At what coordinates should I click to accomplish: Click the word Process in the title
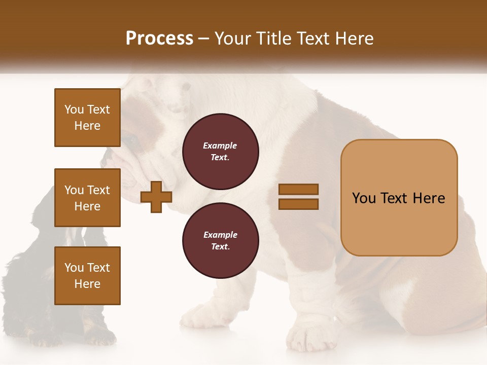(159, 39)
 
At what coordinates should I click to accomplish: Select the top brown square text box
(87, 118)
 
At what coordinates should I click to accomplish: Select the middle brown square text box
(87, 198)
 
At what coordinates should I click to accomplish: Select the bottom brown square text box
(87, 276)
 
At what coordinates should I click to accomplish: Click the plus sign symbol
(156, 197)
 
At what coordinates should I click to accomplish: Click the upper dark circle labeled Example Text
(220, 152)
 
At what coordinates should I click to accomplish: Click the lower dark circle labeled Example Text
(220, 241)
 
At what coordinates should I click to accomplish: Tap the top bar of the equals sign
(299, 190)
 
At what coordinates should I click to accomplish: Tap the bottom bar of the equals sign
(299, 204)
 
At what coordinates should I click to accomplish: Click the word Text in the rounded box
(396, 198)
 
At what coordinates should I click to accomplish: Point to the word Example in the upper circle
(220, 145)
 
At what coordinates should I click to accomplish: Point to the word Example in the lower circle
(220, 235)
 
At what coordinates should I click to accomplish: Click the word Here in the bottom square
(87, 284)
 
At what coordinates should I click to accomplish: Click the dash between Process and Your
(203, 39)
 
